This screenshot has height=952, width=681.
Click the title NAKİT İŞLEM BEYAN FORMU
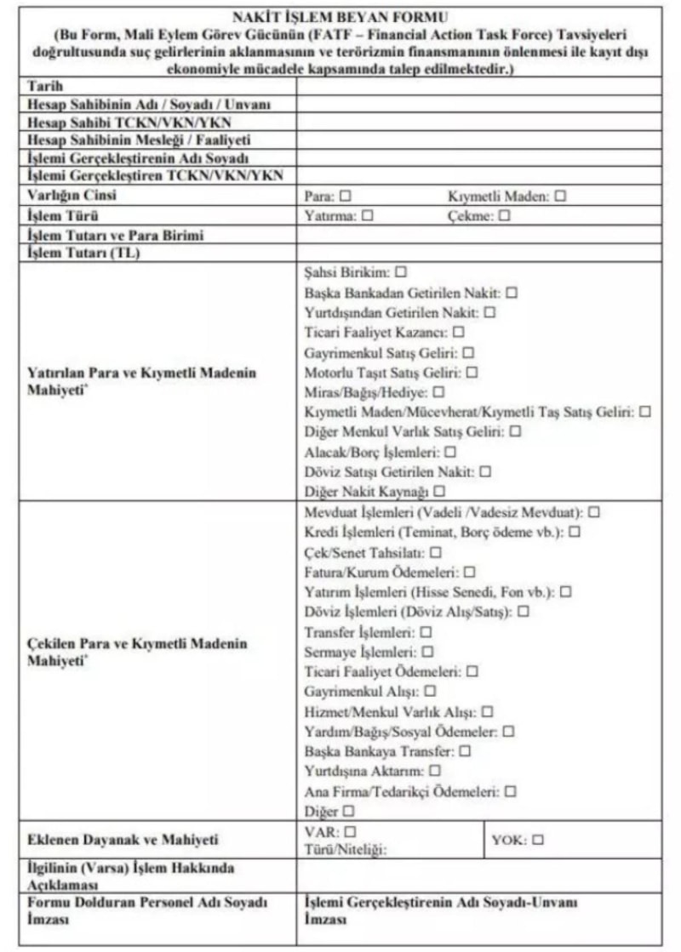pos(340,16)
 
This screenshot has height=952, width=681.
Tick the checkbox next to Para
pos(346,197)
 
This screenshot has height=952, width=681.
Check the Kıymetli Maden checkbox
pos(560,197)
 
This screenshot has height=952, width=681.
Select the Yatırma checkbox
pos(368,216)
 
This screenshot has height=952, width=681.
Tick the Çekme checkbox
pos(504,216)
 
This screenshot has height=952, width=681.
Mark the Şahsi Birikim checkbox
pos(401,273)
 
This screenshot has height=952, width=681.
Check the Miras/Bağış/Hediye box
pos(439,393)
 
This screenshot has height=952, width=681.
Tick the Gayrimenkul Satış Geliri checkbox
pos(468,353)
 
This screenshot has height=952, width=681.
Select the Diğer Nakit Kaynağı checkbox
pos(440,492)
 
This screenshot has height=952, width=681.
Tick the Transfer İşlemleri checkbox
pos(426,632)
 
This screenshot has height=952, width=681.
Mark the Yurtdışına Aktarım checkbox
pos(435,771)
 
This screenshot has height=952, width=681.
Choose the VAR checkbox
pos(350,831)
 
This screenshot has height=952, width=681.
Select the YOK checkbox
pos(537,840)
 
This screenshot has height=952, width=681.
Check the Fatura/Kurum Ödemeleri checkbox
pos(470,573)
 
